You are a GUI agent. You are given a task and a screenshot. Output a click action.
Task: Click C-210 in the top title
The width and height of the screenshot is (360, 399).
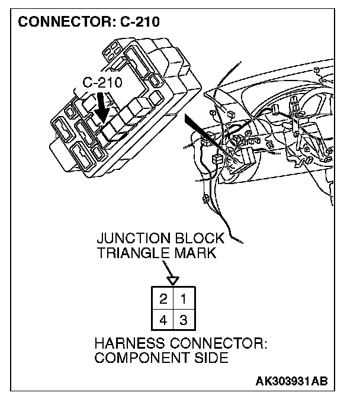(x=138, y=24)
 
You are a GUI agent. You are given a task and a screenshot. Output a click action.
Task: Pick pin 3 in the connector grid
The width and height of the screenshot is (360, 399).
(x=183, y=320)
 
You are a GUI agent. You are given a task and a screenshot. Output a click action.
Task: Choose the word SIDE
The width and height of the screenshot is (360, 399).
(x=211, y=358)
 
